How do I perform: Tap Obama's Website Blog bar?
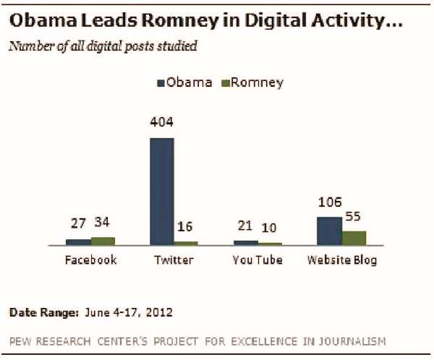click(329, 231)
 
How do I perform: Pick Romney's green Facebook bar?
click(103, 241)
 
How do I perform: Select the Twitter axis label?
click(174, 260)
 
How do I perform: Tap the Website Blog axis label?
click(342, 260)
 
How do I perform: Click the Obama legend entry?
click(185, 82)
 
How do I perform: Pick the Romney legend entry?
click(252, 82)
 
